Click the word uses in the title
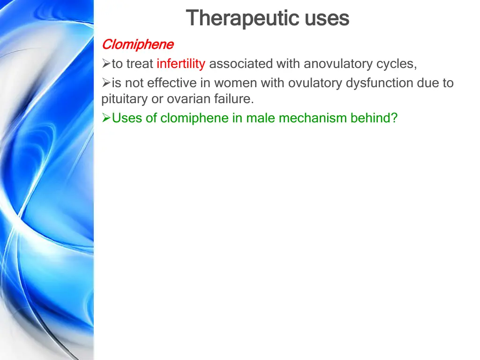(x=327, y=19)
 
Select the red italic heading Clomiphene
(x=137, y=45)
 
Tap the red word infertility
(x=181, y=63)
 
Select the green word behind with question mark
(x=374, y=118)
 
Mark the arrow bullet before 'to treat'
(x=106, y=64)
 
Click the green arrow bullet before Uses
(x=106, y=118)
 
